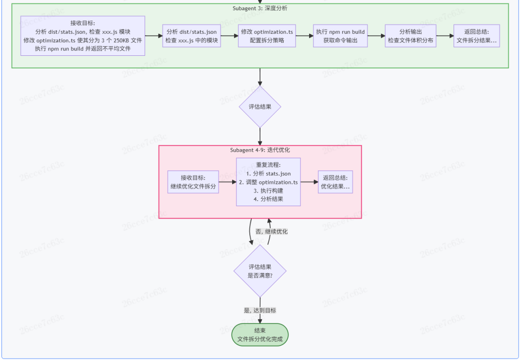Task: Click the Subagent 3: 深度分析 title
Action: click(260, 8)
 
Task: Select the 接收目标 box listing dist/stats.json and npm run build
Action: click(83, 36)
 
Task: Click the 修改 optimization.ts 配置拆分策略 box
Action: click(267, 36)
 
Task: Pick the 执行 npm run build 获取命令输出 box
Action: click(340, 36)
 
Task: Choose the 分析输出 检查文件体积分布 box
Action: click(411, 36)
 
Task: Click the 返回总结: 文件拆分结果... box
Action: click(477, 36)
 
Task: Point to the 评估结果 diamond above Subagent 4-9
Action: click(260, 106)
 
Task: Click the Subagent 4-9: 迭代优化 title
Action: click(260, 150)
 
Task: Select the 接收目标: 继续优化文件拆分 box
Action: click(193, 181)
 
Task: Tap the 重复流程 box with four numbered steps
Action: click(268, 182)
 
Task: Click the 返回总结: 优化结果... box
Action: click(335, 182)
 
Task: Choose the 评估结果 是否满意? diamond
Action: click(260, 271)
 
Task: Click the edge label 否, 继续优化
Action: click(272, 231)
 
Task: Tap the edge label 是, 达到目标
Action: click(260, 310)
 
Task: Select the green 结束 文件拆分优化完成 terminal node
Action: click(260, 334)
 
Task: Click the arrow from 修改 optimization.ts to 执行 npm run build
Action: click(304, 36)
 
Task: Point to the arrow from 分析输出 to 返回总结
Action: click(445, 36)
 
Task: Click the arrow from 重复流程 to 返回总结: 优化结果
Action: click(309, 182)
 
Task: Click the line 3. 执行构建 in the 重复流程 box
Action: click(268, 191)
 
